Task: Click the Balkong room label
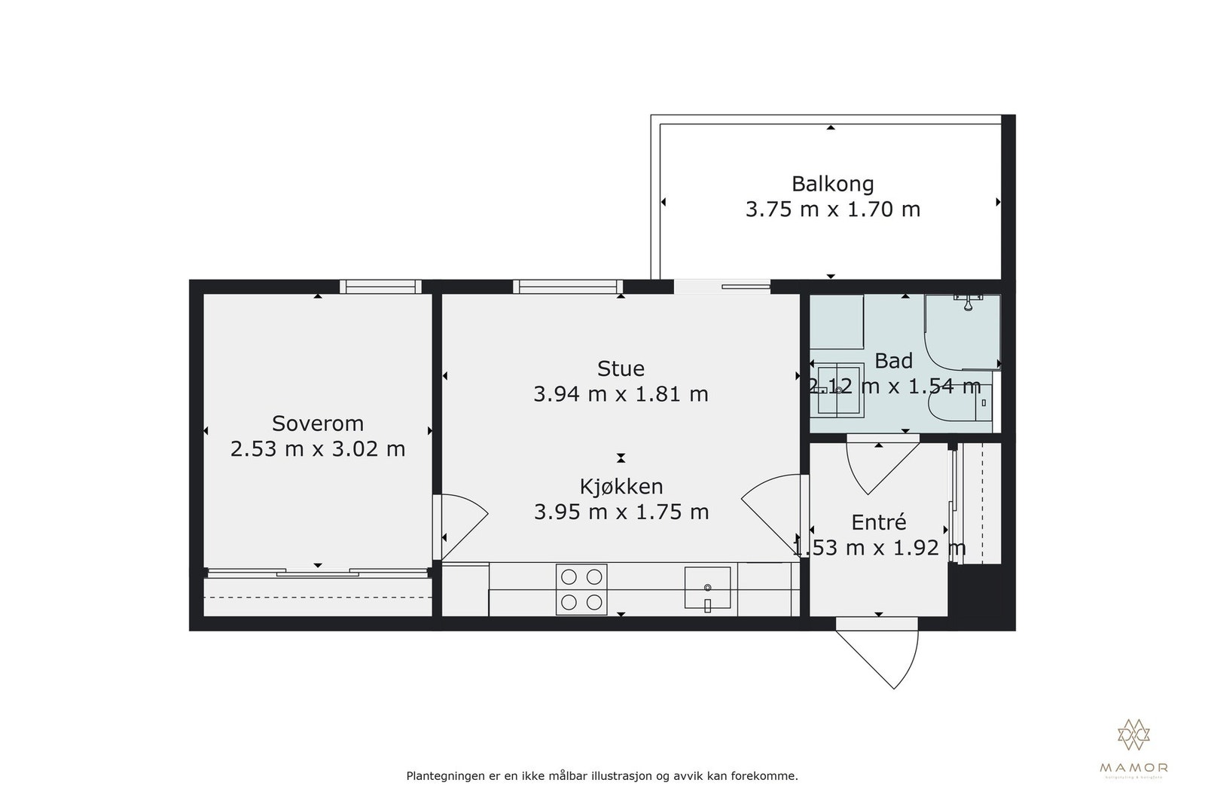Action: pos(832,184)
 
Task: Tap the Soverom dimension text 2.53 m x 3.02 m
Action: pos(317,449)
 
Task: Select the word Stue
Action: pos(621,368)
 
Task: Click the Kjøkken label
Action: pos(621,486)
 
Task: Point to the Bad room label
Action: pos(893,361)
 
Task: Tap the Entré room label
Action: pos(878,522)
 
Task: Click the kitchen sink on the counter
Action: pos(707,588)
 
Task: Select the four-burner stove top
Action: pos(581,589)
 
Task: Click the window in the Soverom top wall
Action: pos(379,286)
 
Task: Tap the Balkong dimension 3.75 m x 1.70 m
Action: pos(832,209)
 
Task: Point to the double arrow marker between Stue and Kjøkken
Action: pos(621,457)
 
